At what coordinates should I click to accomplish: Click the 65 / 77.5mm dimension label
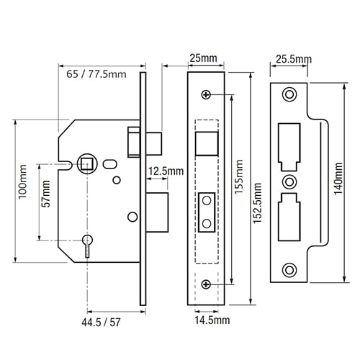(96, 74)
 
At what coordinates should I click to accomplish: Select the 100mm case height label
(23, 181)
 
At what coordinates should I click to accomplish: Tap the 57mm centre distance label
(45, 194)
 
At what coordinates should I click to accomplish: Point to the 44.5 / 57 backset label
(101, 323)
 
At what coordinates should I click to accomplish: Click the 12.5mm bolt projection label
(166, 171)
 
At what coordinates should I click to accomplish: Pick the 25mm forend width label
(204, 58)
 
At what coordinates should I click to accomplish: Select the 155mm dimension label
(238, 177)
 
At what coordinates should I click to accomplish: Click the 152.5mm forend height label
(258, 203)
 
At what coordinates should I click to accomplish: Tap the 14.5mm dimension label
(212, 320)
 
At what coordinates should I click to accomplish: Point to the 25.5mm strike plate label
(294, 59)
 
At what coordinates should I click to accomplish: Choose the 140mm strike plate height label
(338, 179)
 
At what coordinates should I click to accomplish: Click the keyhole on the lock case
(87, 246)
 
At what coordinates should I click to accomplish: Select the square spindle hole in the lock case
(87, 164)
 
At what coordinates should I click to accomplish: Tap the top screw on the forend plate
(206, 95)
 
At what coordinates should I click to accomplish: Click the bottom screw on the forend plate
(206, 284)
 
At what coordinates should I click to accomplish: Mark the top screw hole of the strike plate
(289, 94)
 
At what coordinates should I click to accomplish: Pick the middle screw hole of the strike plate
(289, 182)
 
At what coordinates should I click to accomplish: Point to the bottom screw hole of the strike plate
(289, 270)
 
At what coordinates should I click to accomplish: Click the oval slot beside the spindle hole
(110, 164)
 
